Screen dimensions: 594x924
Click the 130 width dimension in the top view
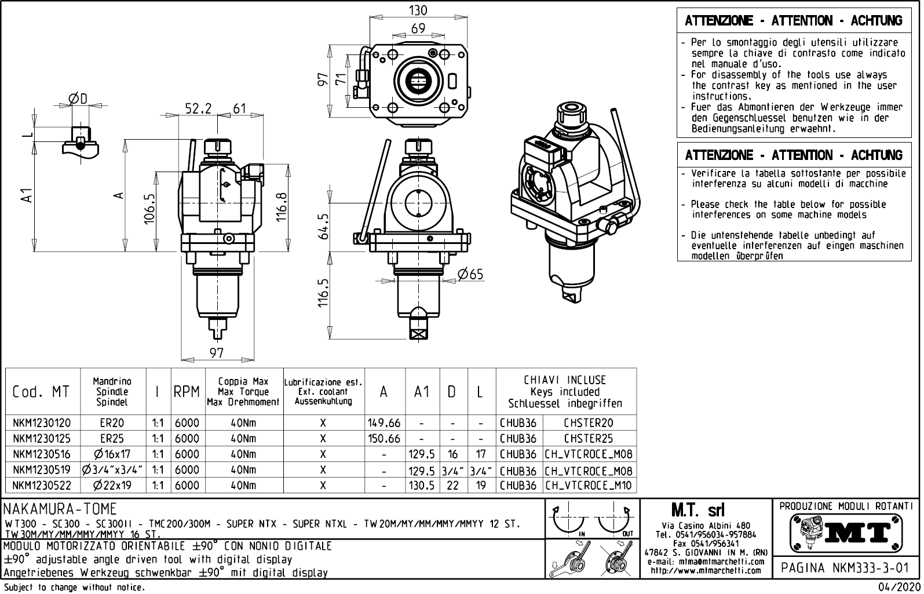[x=418, y=10]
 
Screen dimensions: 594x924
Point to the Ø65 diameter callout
[x=470, y=274]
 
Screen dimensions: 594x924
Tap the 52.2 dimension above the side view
[x=198, y=108]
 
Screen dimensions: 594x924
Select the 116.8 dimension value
[x=282, y=207]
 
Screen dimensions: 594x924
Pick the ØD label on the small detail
[x=78, y=99]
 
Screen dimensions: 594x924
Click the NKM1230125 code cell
[x=41, y=439]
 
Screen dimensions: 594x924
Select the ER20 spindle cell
[x=112, y=423]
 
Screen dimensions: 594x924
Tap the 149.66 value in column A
[x=384, y=423]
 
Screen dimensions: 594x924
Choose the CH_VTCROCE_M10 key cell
[x=589, y=486]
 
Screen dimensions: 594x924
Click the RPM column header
[x=187, y=392]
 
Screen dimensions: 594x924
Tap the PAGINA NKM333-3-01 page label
[x=845, y=568]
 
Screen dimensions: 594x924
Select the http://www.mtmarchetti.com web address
[x=706, y=570]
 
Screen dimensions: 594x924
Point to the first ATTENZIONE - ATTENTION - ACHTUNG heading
[x=793, y=21]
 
